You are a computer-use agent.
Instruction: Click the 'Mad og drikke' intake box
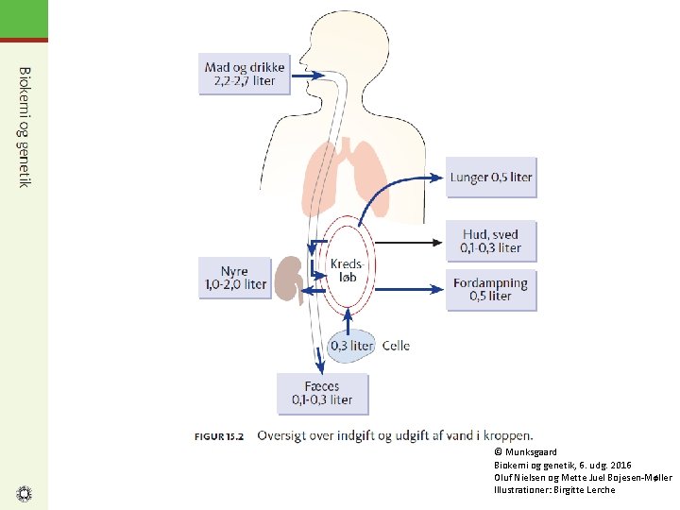coord(245,74)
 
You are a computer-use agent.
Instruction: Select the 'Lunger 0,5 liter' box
coord(491,178)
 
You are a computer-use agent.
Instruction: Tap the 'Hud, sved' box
coord(491,241)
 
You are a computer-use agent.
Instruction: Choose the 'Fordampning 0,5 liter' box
coord(491,290)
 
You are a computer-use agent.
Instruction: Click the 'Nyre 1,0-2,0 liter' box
coord(235,278)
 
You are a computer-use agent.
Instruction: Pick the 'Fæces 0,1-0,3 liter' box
coord(323,394)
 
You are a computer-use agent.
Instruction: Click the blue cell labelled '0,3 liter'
coord(351,346)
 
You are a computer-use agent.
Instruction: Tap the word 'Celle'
coord(396,346)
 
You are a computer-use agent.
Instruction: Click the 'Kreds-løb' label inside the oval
coord(347,270)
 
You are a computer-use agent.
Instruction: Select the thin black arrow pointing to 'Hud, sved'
coord(408,243)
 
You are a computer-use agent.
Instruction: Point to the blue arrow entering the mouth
coord(308,76)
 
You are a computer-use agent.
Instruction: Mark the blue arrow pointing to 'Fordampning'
coord(409,289)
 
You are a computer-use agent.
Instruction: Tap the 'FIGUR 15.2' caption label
coord(219,436)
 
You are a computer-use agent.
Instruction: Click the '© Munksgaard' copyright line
coord(525,451)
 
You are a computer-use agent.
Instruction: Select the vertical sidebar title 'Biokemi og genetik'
coord(25,127)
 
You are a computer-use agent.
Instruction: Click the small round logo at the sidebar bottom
coord(24,494)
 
